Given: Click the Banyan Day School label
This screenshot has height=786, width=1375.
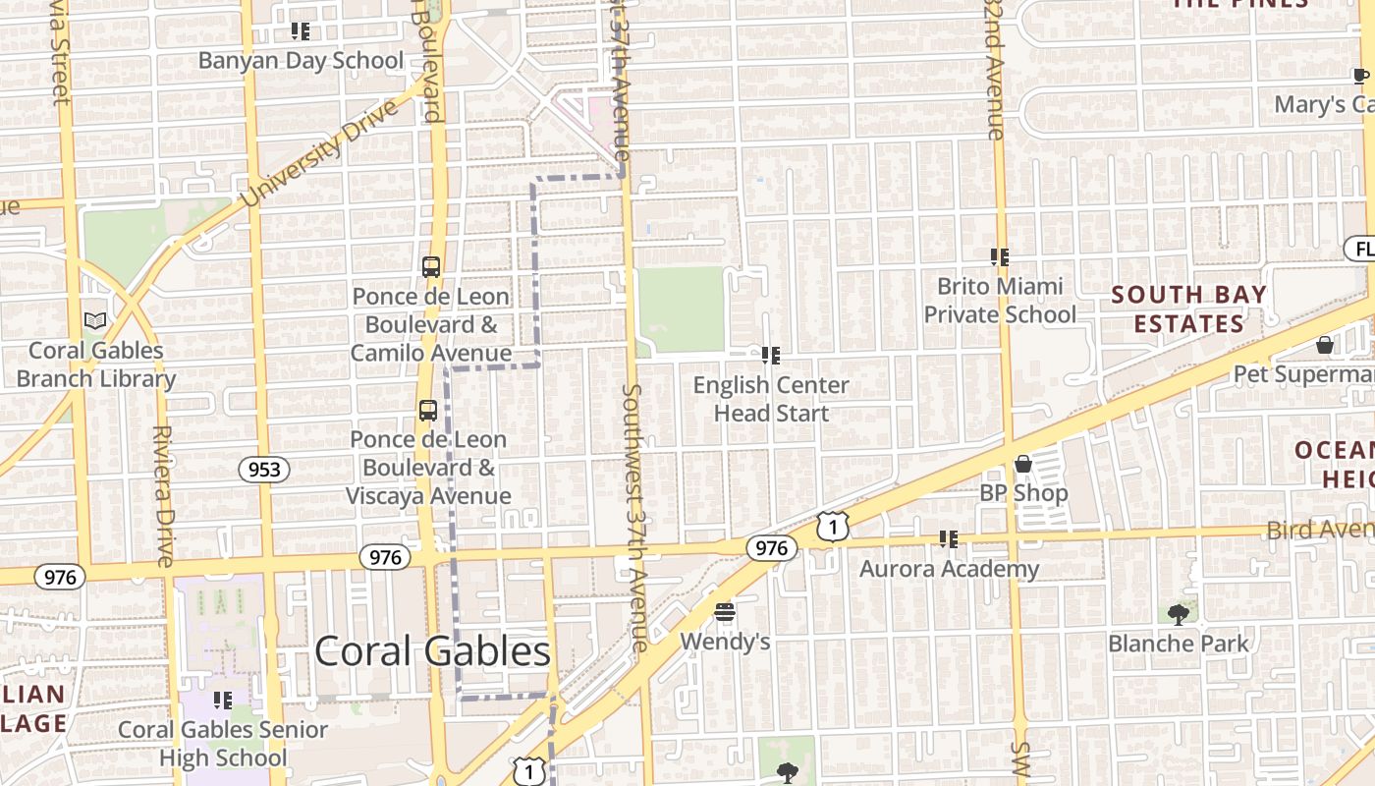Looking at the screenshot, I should click(301, 61).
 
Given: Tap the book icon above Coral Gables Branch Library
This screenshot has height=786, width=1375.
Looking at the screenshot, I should click(95, 321).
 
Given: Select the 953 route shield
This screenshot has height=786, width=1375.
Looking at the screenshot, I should click(264, 470).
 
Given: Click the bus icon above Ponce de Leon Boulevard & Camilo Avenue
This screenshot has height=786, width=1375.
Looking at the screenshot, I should click(430, 266).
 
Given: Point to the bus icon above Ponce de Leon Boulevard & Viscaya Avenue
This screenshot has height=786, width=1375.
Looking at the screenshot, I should click(427, 411).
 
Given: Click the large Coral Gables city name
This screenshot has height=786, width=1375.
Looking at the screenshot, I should click(432, 651).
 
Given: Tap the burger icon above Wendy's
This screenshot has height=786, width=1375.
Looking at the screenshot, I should click(725, 613).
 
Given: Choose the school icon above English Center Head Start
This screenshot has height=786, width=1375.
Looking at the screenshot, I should click(771, 355).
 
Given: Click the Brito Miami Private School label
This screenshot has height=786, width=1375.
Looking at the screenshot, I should click(1000, 300).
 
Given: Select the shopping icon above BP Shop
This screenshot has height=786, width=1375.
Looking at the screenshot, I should click(1023, 463).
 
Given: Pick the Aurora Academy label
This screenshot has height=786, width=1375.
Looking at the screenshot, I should click(949, 569).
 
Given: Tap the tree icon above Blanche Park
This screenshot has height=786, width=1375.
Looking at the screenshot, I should click(1179, 615).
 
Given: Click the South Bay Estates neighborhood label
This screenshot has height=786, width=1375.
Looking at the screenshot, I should click(1189, 309).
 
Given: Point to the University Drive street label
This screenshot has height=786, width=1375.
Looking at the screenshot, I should click(320, 152).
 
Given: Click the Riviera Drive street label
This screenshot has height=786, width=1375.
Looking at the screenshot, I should click(163, 495).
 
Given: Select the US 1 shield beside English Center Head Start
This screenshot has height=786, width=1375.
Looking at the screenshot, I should click(832, 528).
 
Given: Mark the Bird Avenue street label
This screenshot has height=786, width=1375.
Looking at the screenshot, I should click(1320, 530).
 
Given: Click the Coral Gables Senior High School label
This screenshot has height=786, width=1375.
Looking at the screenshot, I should click(223, 744).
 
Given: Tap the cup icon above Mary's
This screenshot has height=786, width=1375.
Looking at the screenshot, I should click(1360, 77).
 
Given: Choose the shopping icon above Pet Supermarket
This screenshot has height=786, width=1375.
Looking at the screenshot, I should click(1325, 345).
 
